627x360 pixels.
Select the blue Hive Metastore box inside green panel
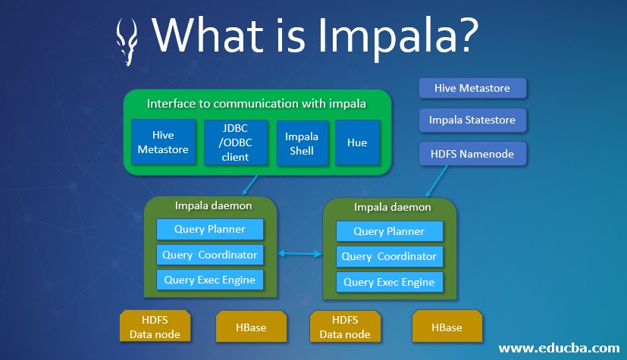[163, 142]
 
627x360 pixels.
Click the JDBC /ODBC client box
[235, 142]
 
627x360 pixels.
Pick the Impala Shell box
[302, 142]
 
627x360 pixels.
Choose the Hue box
[357, 142]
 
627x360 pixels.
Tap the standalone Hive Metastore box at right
[472, 88]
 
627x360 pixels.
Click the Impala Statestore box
[472, 120]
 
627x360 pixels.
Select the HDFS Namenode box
[472, 154]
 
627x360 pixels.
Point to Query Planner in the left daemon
[209, 229]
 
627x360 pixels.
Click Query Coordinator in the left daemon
[209, 254]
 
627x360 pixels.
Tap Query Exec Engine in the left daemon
[209, 280]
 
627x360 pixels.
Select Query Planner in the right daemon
[389, 231]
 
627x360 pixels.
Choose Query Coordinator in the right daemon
[389, 256]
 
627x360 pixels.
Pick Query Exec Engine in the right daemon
[389, 282]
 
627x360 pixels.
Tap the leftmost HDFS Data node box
[154, 327]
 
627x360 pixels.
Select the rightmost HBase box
[447, 327]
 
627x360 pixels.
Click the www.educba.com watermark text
[560, 348]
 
